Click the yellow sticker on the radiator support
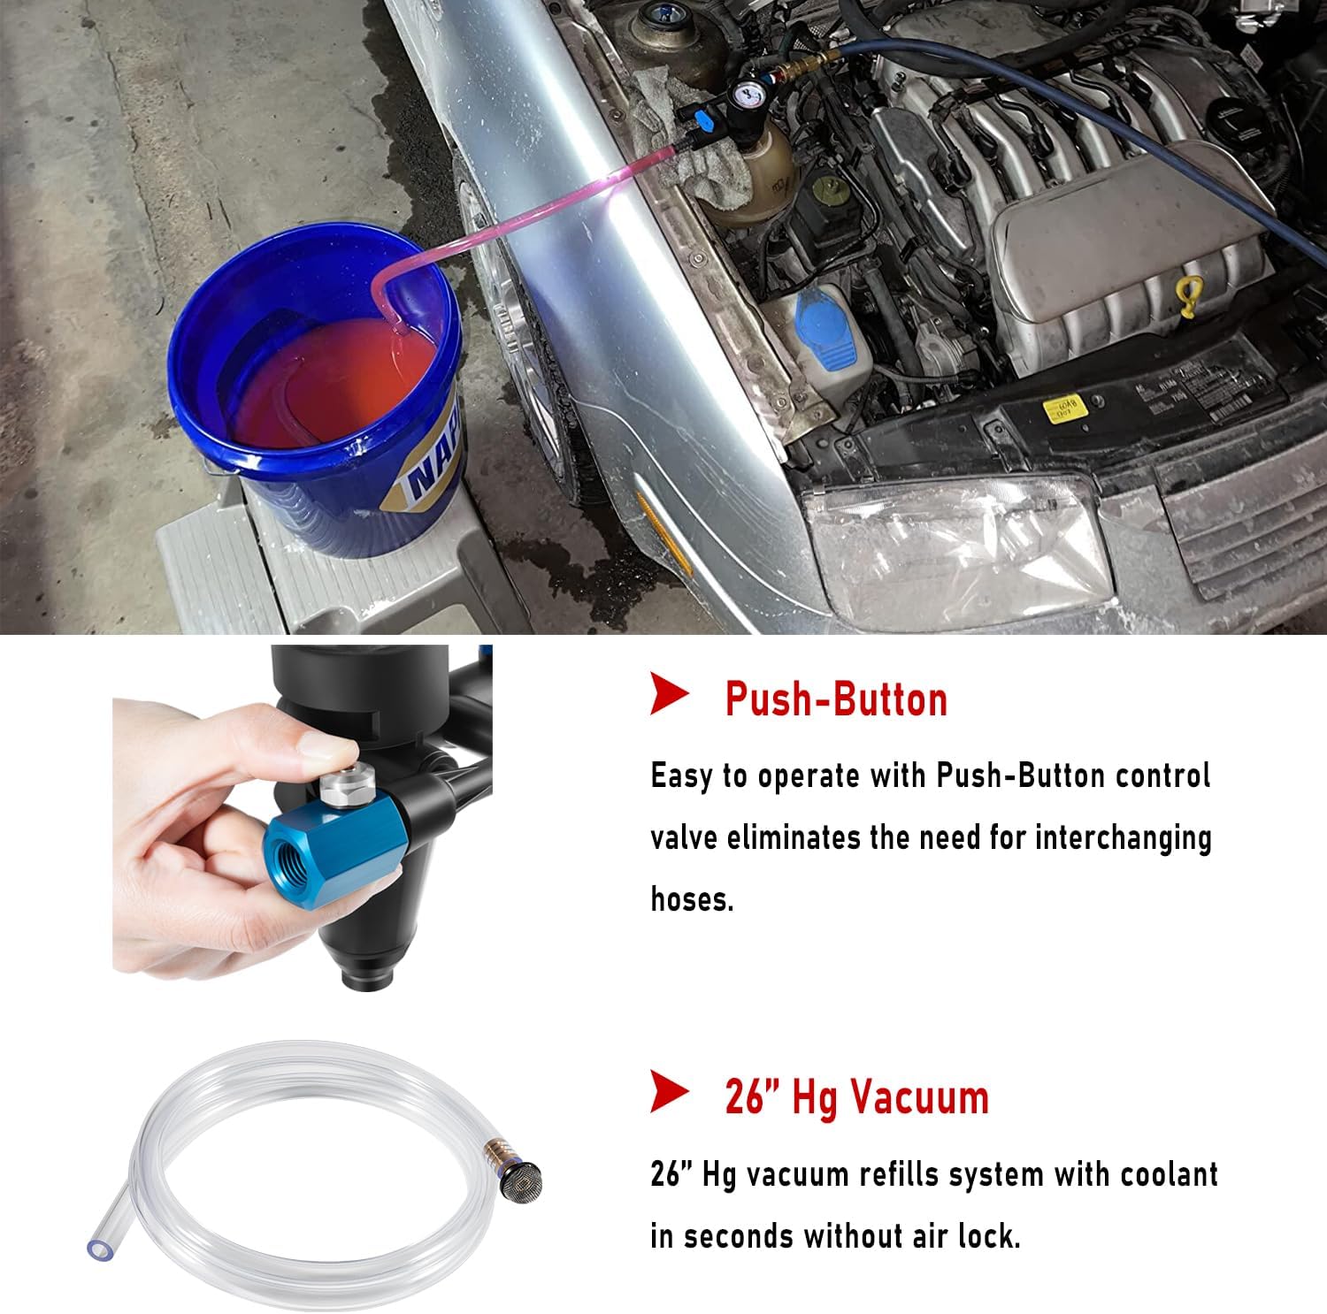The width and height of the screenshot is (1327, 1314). pos(1064,409)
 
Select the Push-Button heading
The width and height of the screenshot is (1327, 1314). pos(836,699)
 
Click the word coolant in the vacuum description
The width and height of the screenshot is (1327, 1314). pos(1169,1175)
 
